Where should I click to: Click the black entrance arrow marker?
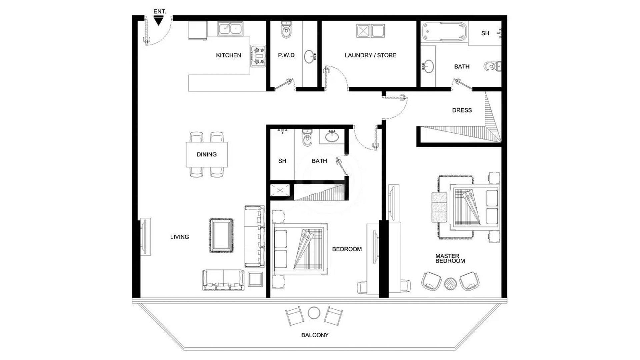[159, 21]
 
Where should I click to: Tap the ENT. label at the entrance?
[160, 11]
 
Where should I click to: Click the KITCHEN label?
[228, 55]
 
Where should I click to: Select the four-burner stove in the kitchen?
[258, 56]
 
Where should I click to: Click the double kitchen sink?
[230, 29]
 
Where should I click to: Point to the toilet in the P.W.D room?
[286, 30]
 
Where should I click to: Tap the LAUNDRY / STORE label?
[370, 55]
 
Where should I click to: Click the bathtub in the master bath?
[444, 32]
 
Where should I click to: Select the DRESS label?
[462, 110]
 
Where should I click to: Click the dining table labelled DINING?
[207, 154]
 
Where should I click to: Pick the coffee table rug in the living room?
[221, 236]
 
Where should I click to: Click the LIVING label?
[179, 237]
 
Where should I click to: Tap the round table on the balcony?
[314, 313]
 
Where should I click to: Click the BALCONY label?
[315, 335]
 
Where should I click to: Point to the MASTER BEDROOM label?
[450, 258]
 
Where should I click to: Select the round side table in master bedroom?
[451, 284]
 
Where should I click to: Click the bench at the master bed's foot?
[439, 207]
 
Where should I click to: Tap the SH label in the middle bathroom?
[282, 161]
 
